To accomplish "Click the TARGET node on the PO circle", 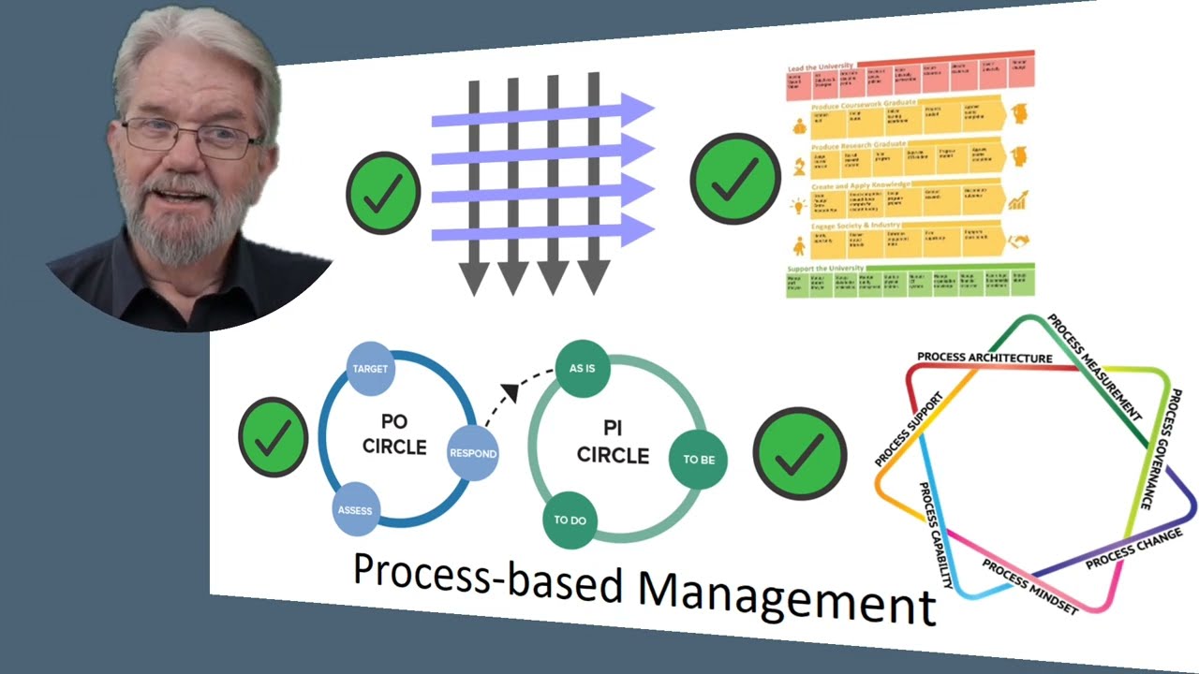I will (370, 369).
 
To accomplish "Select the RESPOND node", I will (472, 454).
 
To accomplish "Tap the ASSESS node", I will (355, 510).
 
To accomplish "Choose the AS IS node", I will (582, 368).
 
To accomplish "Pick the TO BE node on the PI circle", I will (698, 460).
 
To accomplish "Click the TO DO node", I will (570, 520).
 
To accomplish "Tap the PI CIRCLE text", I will (613, 442).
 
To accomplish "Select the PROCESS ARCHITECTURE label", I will (984, 358).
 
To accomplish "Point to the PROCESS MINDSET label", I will (1029, 586).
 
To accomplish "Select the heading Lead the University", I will (821, 66).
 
